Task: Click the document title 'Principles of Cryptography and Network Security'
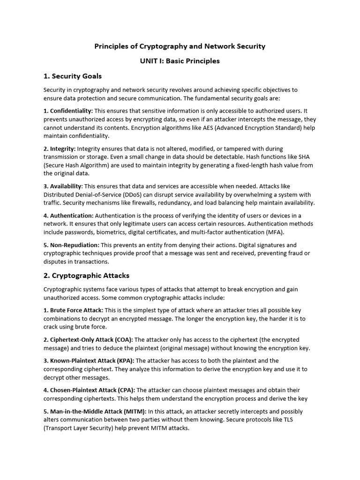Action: tap(180, 46)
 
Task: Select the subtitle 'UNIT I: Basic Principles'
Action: tap(180, 61)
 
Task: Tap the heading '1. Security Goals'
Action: tap(73, 76)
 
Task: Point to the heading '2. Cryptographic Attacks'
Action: tap(86, 276)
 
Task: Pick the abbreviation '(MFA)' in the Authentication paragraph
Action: tap(274, 232)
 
